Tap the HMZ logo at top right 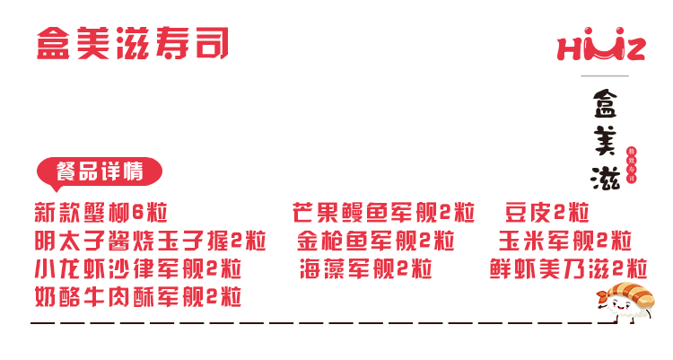(x=601, y=47)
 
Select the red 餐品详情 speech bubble (x=99, y=171)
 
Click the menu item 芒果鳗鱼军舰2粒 (x=383, y=214)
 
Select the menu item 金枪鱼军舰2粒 (x=376, y=241)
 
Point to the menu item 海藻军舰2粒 (x=366, y=269)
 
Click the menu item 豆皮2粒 (x=547, y=214)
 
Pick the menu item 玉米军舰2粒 (x=565, y=241)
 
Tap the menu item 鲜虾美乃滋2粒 (x=569, y=269)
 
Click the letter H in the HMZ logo (x=572, y=48)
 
